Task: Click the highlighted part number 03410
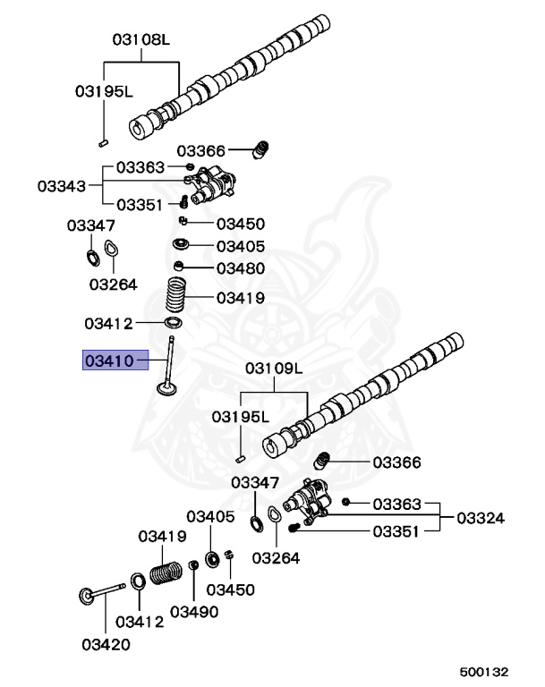pyautogui.click(x=108, y=360)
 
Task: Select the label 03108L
pyautogui.click(x=141, y=39)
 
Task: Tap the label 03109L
pyautogui.click(x=275, y=368)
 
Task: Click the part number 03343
pyautogui.click(x=62, y=186)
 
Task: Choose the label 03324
pyautogui.click(x=481, y=517)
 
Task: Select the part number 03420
pyautogui.click(x=106, y=643)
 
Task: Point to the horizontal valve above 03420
pyautogui.click(x=98, y=591)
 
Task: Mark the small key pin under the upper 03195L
pyautogui.click(x=103, y=140)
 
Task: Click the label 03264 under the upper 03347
pyautogui.click(x=113, y=284)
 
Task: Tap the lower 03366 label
pyautogui.click(x=396, y=462)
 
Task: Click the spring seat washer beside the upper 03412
pyautogui.click(x=174, y=322)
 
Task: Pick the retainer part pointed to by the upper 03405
pyautogui.click(x=180, y=244)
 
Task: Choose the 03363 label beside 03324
pyautogui.click(x=396, y=505)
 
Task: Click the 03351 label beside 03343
pyautogui.click(x=140, y=204)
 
